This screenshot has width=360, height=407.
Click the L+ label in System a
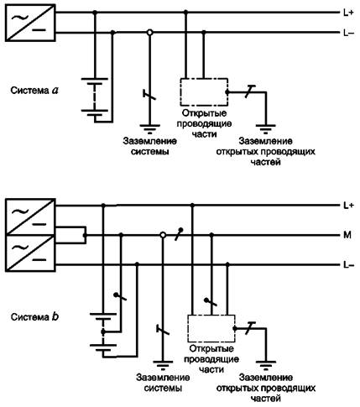click(348, 13)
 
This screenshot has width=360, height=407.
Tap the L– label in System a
click(348, 33)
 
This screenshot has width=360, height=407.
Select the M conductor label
click(347, 235)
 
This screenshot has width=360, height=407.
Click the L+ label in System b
click(348, 206)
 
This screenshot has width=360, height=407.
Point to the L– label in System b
click(348, 264)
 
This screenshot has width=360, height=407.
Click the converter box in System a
click(30, 23)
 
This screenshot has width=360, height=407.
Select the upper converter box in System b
click(30, 217)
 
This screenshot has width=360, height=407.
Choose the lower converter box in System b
click(30, 253)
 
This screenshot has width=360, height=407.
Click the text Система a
click(34, 91)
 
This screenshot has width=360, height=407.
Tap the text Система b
click(34, 317)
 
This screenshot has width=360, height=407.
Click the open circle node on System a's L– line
click(150, 33)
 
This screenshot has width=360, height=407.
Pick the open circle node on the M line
click(163, 235)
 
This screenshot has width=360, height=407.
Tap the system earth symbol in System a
click(150, 128)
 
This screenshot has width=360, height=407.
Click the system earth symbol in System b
click(163, 365)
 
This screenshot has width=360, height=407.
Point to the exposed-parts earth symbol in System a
click(266, 128)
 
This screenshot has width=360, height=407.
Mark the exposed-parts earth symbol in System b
click(266, 365)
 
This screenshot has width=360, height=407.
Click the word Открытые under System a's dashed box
click(205, 113)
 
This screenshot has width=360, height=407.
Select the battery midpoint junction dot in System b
click(103, 332)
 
